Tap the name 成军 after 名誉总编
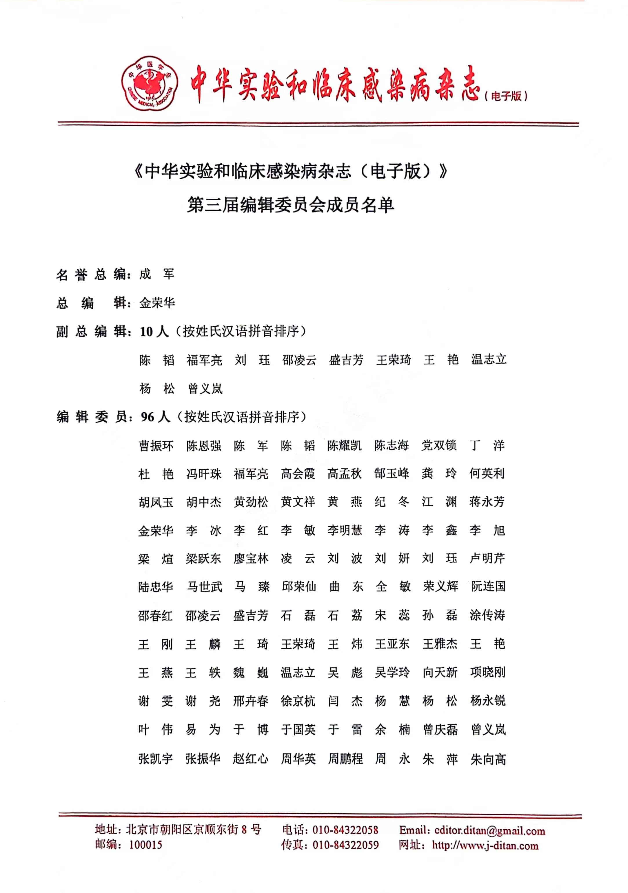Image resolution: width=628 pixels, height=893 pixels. [x=157, y=275]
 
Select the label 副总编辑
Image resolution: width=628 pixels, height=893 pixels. [x=92, y=331]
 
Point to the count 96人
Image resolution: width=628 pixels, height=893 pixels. [x=155, y=417]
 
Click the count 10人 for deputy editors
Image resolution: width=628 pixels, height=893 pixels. [x=154, y=331]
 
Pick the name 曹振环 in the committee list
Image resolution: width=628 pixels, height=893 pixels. [x=156, y=446]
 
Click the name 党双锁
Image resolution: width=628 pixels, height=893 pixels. [x=439, y=446]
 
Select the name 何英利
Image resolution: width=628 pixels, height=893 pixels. [x=487, y=474]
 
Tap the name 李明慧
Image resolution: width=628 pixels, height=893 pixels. [x=345, y=530]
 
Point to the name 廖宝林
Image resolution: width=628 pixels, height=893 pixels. [x=251, y=559]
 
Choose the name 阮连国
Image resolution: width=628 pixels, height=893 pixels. [x=488, y=587]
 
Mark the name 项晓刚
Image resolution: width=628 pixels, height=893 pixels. [x=487, y=672]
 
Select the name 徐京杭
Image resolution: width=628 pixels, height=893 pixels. [x=298, y=701]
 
